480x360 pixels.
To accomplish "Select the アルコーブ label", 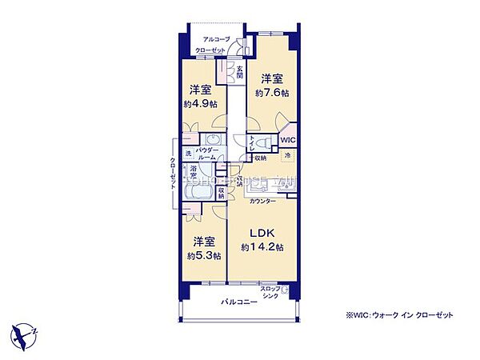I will [216, 39].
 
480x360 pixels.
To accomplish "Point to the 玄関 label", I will [239, 73].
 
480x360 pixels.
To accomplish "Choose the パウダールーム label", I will [208, 154].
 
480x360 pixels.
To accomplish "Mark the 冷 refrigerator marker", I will [287, 154].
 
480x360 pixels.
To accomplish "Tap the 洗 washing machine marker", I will [189, 154].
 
